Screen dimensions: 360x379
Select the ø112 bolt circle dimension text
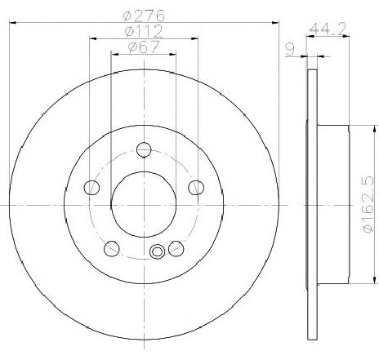(x=144, y=32)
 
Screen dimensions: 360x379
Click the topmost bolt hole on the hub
(x=144, y=149)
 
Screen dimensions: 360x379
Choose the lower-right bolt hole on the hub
(x=176, y=247)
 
